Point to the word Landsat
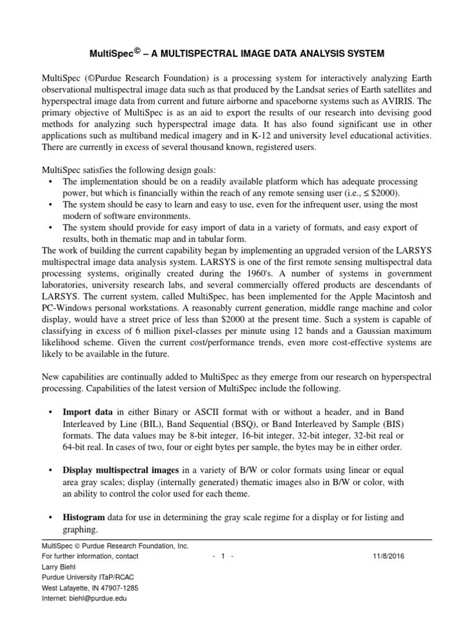(x=301, y=91)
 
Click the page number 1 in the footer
(x=223, y=556)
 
